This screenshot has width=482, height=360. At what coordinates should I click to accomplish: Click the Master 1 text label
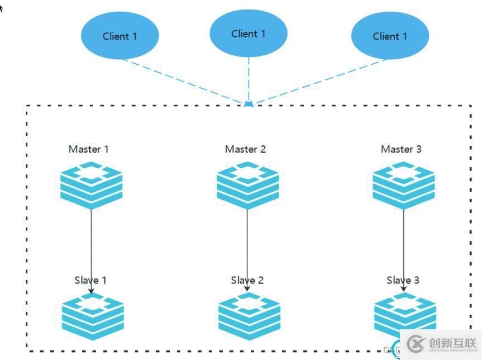coord(88,149)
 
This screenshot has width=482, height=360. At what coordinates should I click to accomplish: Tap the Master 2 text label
coord(245,149)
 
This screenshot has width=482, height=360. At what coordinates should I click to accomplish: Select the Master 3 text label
coord(401,149)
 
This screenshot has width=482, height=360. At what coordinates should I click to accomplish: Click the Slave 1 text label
coord(90,280)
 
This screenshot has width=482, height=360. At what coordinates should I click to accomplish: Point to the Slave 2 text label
coord(247,280)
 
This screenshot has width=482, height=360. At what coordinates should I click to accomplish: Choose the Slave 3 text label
coord(403,280)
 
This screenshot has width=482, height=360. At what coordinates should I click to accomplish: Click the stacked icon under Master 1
coord(92,184)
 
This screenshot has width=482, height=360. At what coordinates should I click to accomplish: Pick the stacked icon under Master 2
coord(248,184)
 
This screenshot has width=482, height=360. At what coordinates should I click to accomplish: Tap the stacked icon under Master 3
coord(403,184)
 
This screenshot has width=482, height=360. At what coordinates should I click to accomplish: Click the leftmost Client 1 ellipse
coord(120,36)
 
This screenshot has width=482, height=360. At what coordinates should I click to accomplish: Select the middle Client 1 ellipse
coord(249,34)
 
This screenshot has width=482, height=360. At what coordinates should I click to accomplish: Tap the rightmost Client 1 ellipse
coord(390,36)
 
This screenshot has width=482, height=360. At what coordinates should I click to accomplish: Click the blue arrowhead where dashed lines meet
coord(249,104)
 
